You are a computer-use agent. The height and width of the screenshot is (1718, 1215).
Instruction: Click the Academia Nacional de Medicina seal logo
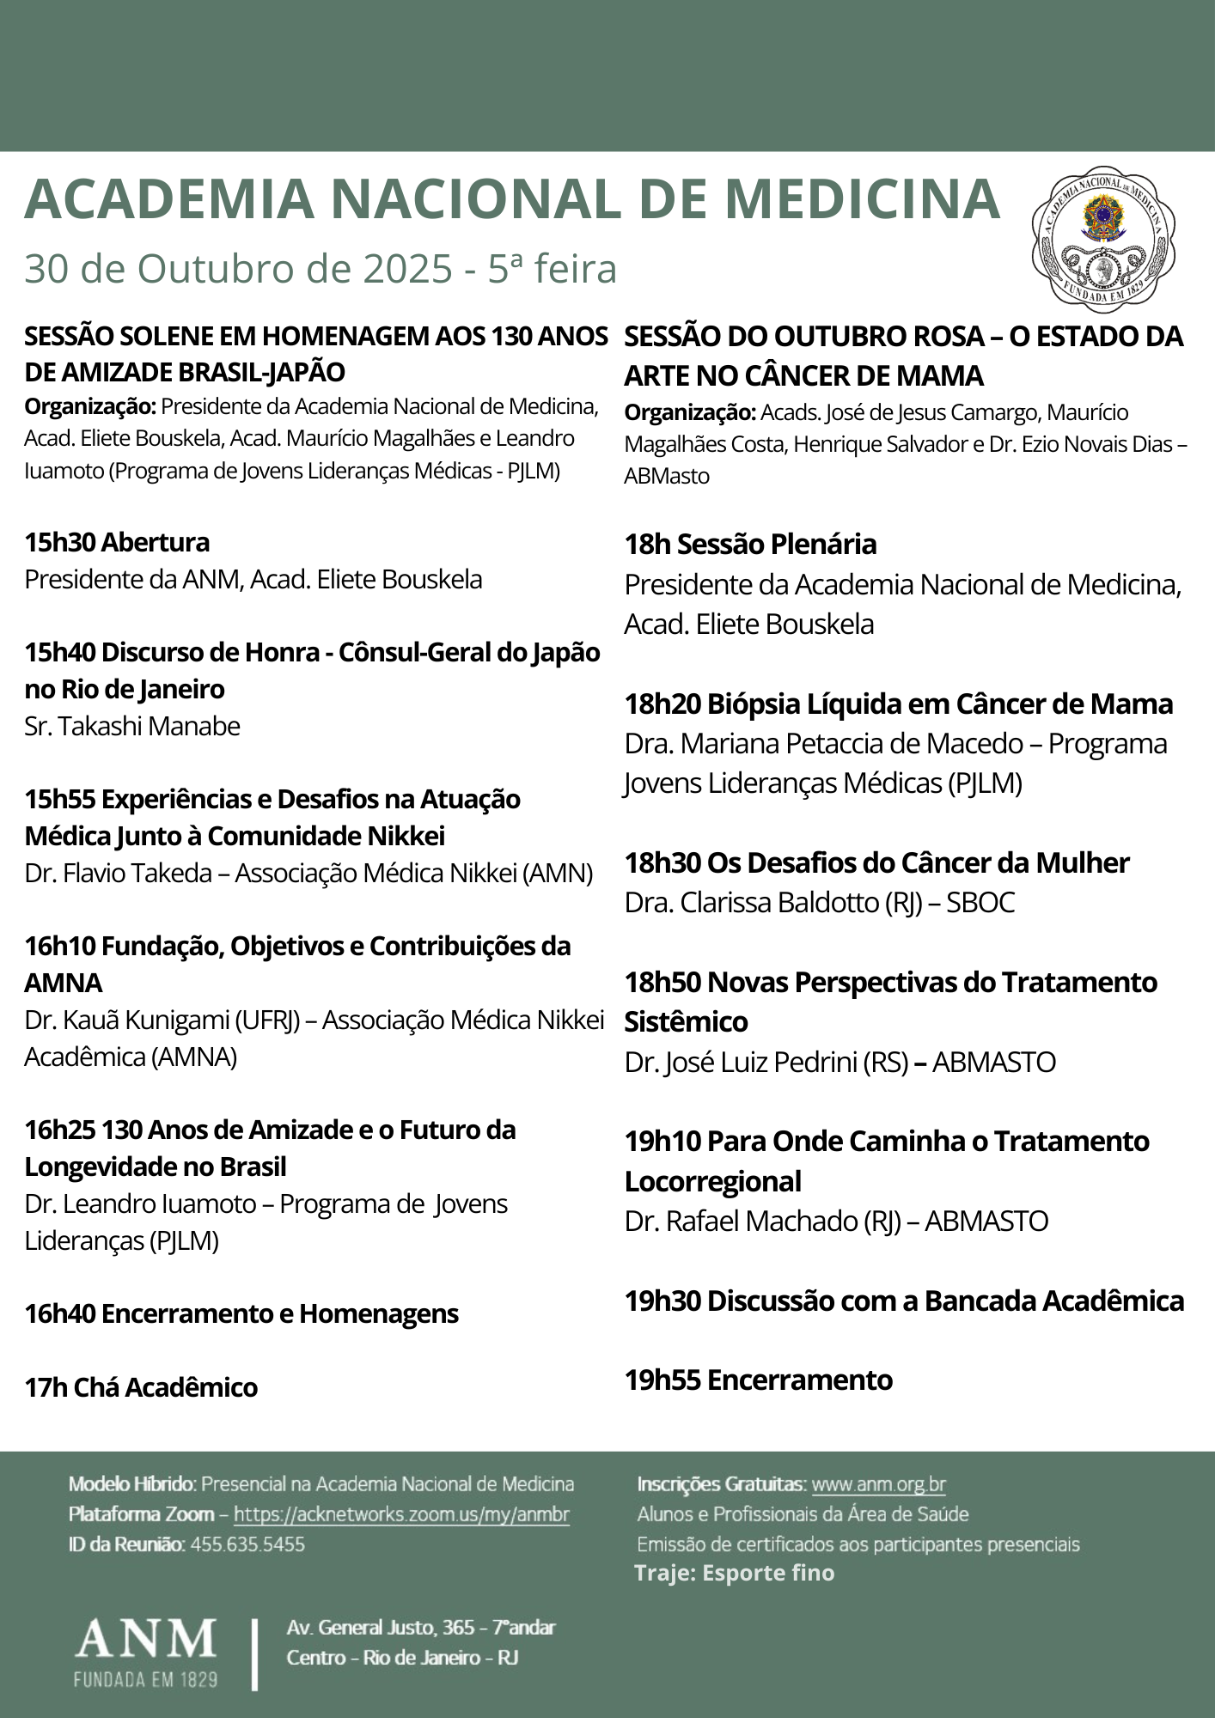click(x=1103, y=238)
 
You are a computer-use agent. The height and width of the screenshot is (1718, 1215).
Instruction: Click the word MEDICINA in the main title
click(x=863, y=199)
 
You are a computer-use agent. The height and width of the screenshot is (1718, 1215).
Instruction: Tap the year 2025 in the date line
click(x=407, y=270)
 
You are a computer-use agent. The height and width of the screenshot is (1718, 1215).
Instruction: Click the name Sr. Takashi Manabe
click(x=132, y=727)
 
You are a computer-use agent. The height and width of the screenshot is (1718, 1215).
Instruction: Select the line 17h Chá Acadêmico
click(x=141, y=1388)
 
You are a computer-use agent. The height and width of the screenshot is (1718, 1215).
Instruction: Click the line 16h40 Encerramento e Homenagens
click(x=241, y=1314)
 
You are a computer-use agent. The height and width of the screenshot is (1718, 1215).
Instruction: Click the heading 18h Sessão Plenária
click(x=750, y=545)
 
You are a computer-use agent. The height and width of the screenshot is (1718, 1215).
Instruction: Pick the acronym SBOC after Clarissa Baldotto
click(x=980, y=903)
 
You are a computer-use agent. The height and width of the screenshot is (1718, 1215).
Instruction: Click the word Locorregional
click(x=712, y=1182)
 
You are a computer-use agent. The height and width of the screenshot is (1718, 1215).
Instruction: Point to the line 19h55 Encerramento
click(x=758, y=1380)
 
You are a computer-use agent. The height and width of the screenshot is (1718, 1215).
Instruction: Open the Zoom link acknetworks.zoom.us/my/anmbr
click(x=401, y=1514)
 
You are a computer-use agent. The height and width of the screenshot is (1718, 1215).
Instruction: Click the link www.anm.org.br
click(x=878, y=1484)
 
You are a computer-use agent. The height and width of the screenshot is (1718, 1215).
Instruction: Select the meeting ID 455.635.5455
click(x=247, y=1544)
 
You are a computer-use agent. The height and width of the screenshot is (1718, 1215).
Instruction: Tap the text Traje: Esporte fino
click(x=735, y=1574)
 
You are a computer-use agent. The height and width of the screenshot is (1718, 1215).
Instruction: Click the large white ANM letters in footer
click(x=145, y=1640)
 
